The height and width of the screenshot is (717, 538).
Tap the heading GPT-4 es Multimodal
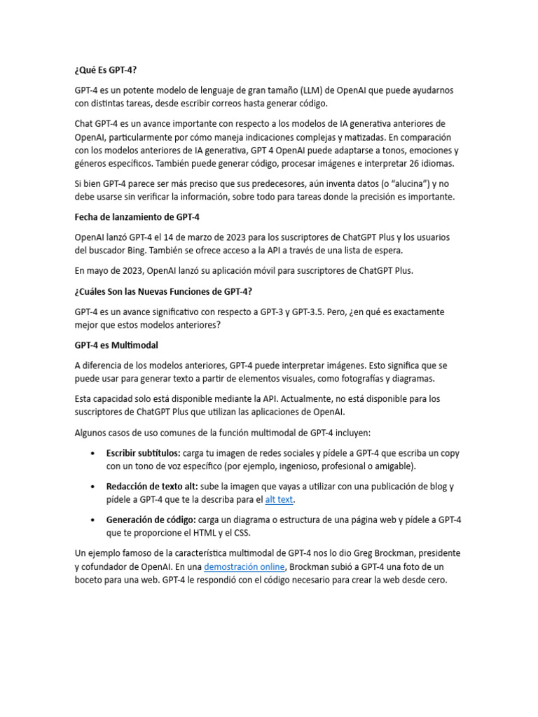click(116, 345)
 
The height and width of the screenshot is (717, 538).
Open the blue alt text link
click(279, 499)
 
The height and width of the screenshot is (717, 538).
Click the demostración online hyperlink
click(244, 566)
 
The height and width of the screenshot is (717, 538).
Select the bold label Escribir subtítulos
click(143, 453)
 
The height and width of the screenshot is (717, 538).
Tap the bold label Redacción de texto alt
click(152, 486)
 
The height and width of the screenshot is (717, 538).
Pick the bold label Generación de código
click(151, 520)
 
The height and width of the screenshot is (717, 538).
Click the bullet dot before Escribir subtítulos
click(93, 454)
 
